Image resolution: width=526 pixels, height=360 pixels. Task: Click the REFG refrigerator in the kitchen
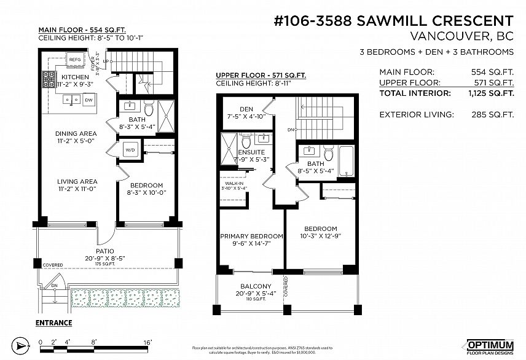pyautogui.click(x=75, y=60)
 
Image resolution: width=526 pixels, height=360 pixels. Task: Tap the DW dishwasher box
pyautogui.click(x=89, y=100)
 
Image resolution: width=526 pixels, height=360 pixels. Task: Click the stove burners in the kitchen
pyautogui.click(x=49, y=78)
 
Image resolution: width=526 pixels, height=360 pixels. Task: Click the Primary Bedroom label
pyautogui.click(x=252, y=236)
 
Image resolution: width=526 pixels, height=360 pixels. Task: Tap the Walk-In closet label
pyautogui.click(x=233, y=182)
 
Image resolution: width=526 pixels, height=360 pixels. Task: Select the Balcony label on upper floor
pyautogui.click(x=255, y=286)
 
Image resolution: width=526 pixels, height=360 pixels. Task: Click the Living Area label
pyautogui.click(x=77, y=181)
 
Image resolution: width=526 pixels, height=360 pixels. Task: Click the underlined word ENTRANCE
pyautogui.click(x=53, y=323)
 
